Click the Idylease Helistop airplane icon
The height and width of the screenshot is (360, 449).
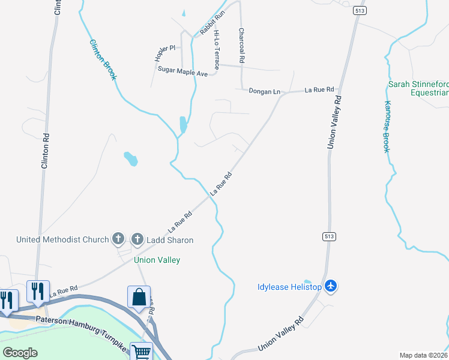(330, 286)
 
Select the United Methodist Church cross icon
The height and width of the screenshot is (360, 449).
(118, 239)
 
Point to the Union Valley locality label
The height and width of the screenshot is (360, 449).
(157, 260)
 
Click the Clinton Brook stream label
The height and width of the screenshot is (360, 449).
(103, 60)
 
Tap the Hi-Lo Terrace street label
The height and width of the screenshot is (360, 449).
(216, 50)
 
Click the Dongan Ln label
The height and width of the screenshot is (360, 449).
(265, 91)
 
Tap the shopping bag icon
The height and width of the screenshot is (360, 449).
(139, 297)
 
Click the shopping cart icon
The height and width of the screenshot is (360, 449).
(141, 353)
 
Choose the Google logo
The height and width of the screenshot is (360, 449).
(20, 352)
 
